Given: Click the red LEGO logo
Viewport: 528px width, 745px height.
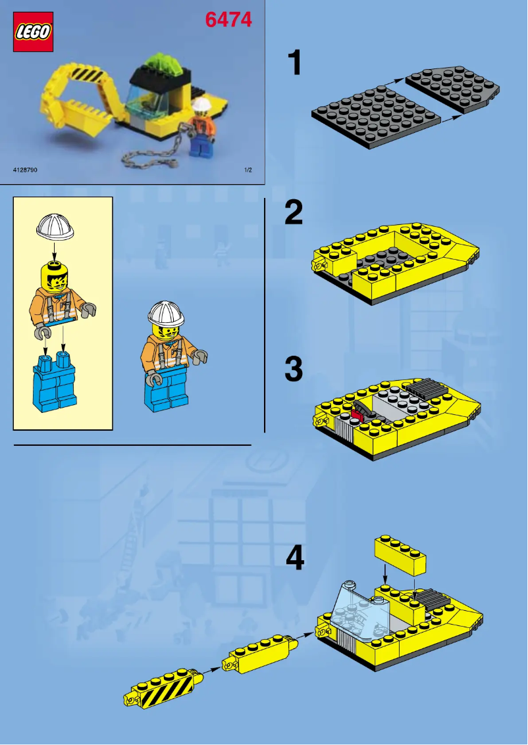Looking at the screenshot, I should click(32, 31).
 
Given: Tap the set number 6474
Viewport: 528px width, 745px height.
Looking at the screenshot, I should click(228, 20).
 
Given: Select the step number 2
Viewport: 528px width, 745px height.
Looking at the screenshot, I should click(294, 213).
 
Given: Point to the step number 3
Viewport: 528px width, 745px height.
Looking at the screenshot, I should click(294, 370).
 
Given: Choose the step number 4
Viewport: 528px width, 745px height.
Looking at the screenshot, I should click(295, 559).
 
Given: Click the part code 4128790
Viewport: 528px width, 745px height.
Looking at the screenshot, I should click(25, 170).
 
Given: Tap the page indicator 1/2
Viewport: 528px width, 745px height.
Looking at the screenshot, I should click(248, 170).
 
